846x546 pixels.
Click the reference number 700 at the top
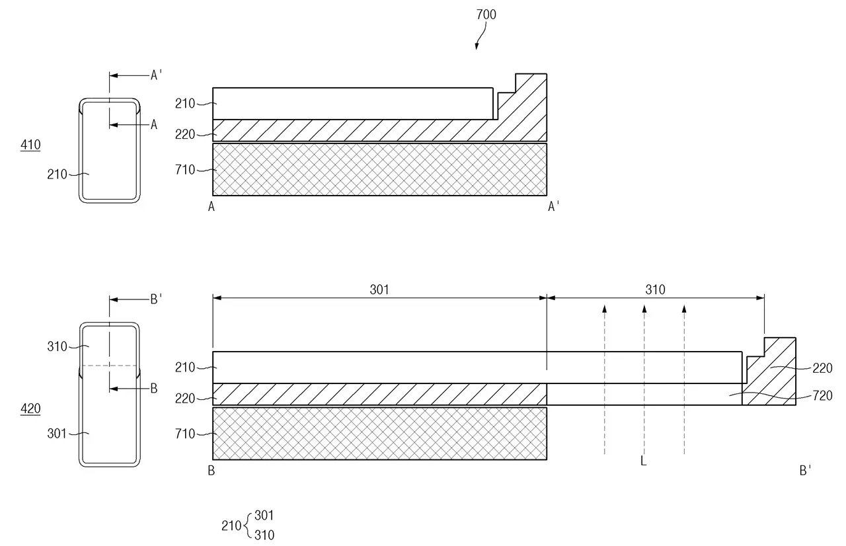click(x=486, y=15)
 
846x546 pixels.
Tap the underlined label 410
click(x=30, y=145)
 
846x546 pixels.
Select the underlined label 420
click(x=30, y=409)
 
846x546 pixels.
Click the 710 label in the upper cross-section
click(x=185, y=170)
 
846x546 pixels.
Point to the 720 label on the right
click(x=822, y=396)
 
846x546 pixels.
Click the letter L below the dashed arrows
click(x=644, y=461)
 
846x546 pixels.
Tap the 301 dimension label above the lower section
click(x=379, y=290)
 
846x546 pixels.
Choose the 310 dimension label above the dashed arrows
click(x=655, y=290)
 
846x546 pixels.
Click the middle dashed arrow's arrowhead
click(x=644, y=309)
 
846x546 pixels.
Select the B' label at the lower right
click(x=805, y=471)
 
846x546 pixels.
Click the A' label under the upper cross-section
click(x=553, y=206)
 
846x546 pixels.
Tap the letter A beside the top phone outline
click(x=154, y=125)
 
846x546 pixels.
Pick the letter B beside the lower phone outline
click(x=154, y=388)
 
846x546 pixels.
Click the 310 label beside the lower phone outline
click(x=57, y=346)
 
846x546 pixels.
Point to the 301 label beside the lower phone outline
click(x=57, y=434)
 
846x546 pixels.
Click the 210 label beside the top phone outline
click(x=57, y=175)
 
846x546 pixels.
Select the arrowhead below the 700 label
click(x=477, y=46)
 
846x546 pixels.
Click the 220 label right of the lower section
click(x=822, y=368)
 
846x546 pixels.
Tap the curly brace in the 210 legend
click(x=248, y=526)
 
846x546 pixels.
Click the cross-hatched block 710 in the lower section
click(x=379, y=433)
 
